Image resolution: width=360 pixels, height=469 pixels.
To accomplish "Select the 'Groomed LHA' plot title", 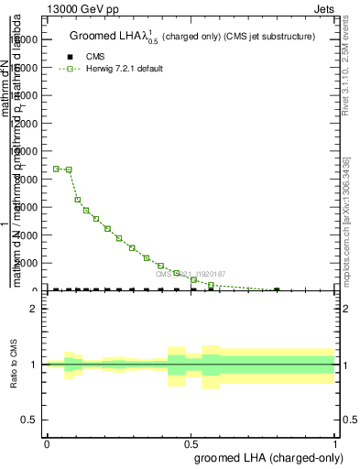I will pyautogui.click(x=192, y=37).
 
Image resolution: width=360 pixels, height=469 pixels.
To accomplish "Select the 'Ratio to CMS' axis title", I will pyautogui.click(x=13, y=365).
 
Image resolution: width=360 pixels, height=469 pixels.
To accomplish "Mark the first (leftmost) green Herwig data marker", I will pyautogui.click(x=57, y=169).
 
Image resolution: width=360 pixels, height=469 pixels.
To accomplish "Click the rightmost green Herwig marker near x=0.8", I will pyautogui.click(x=277, y=289).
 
